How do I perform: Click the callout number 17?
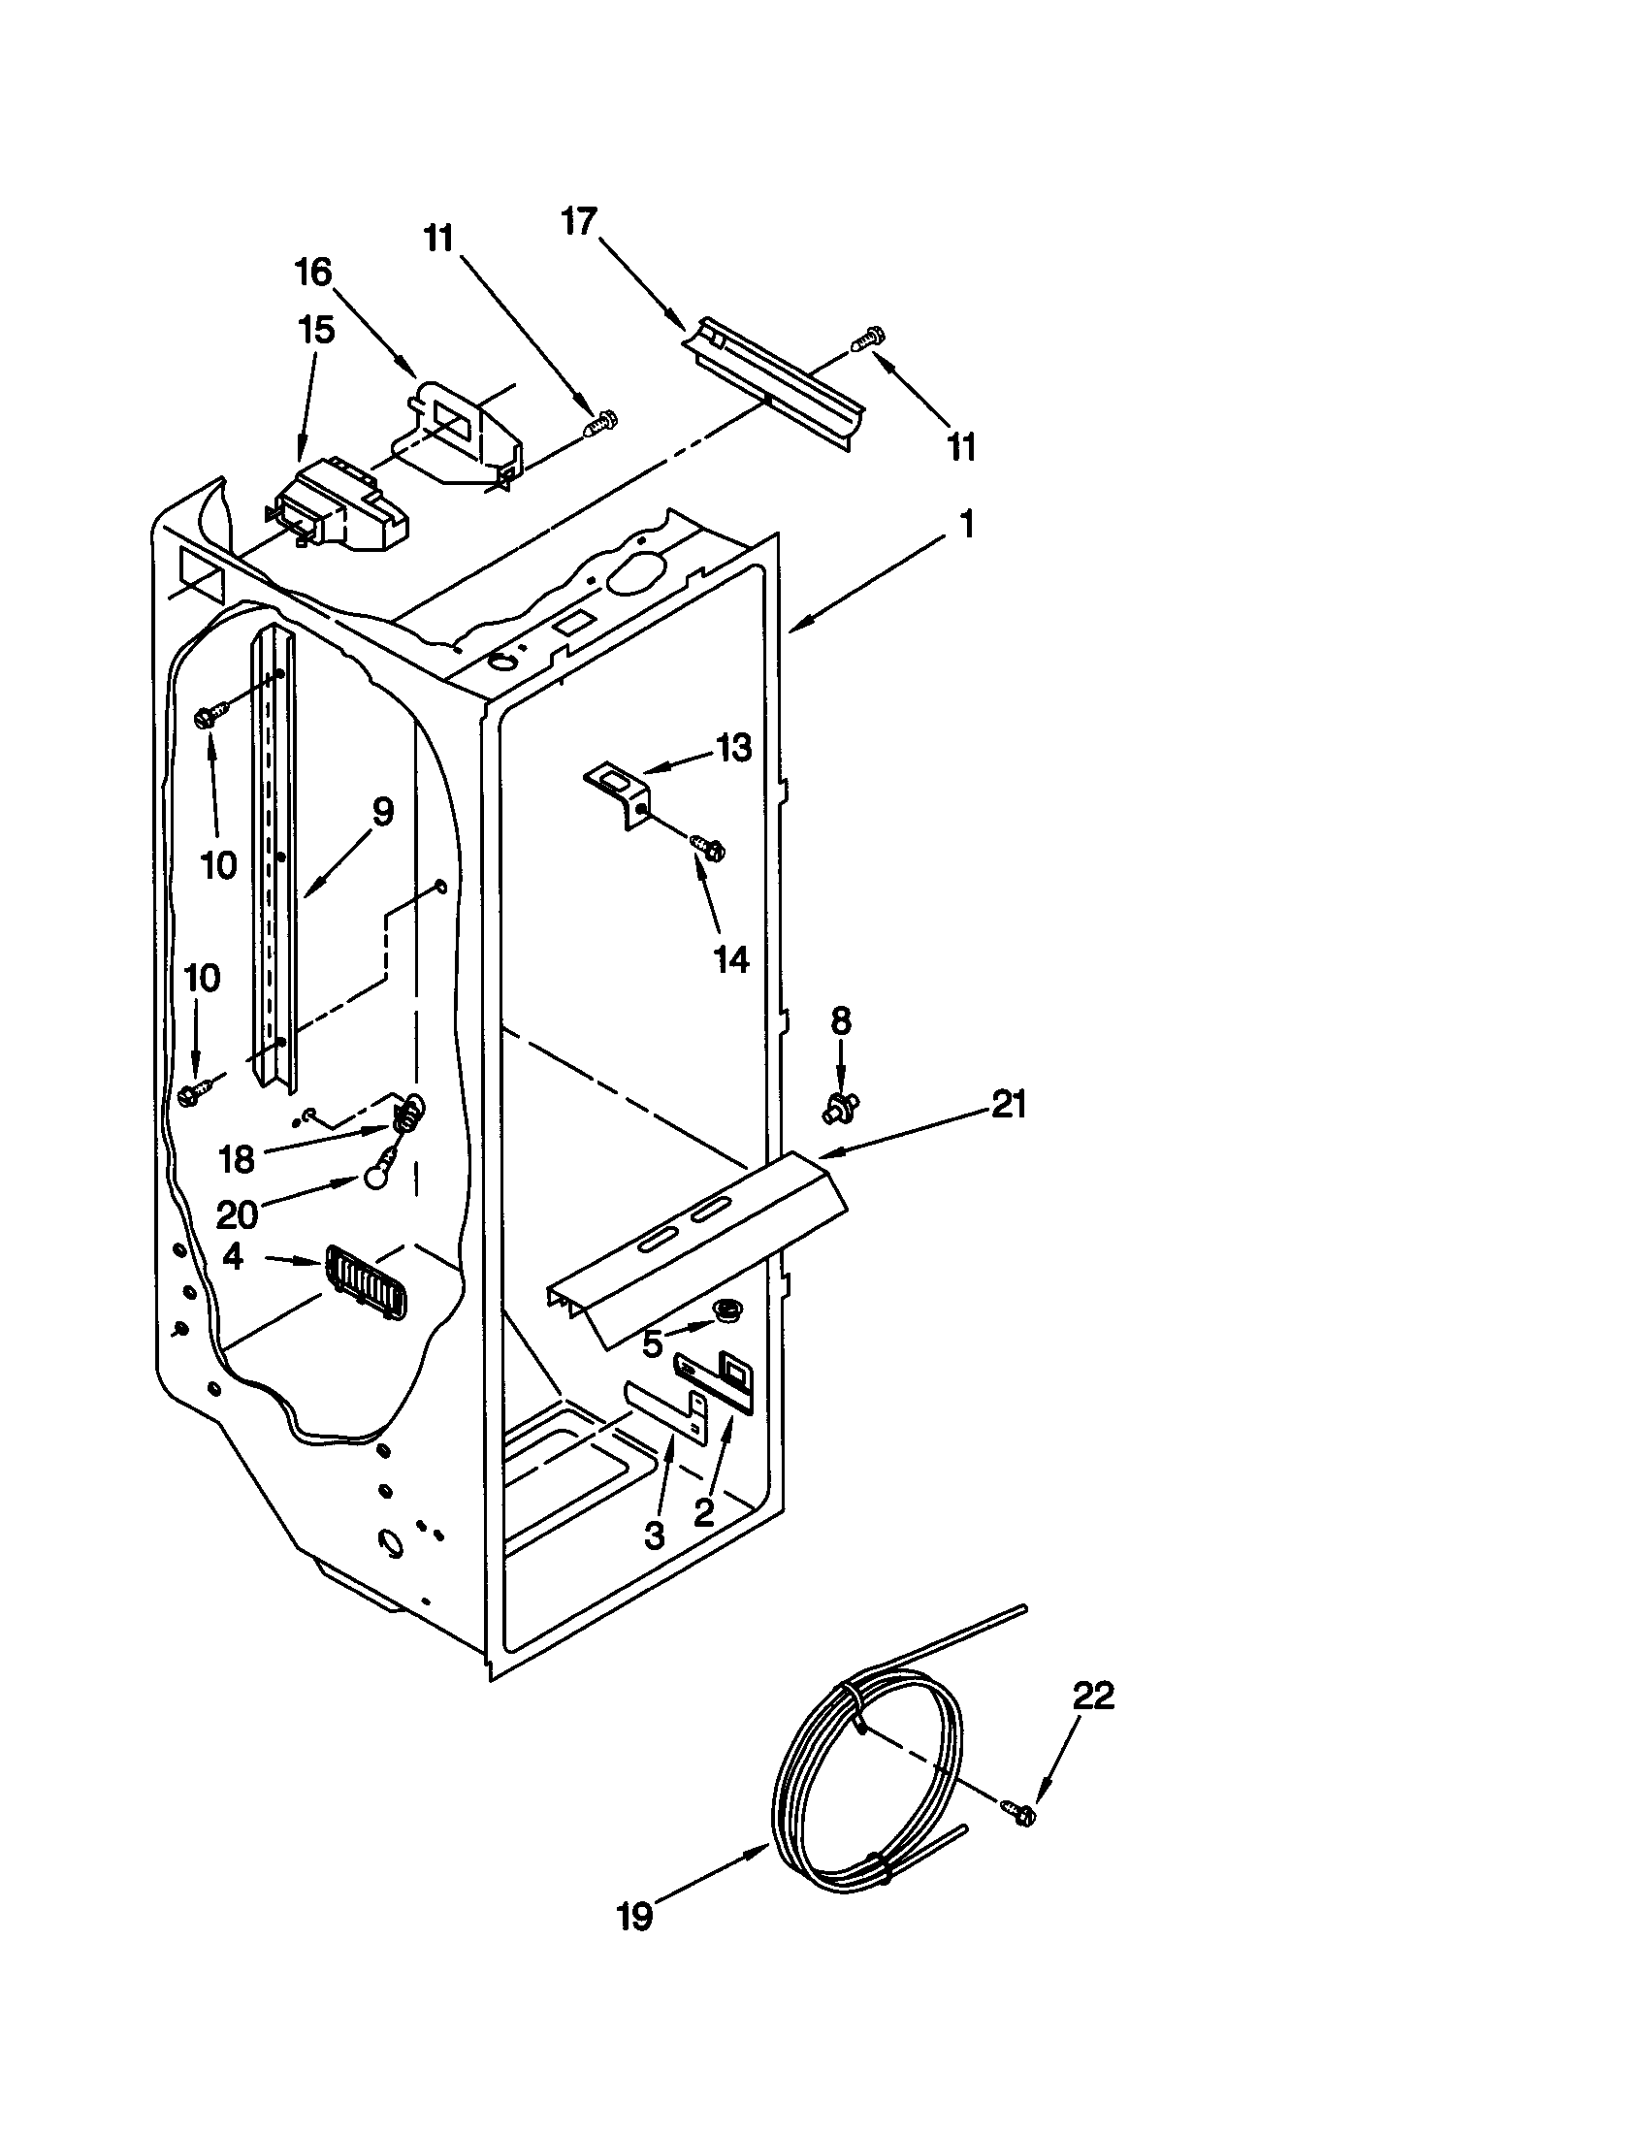(x=578, y=222)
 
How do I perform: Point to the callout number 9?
(x=383, y=812)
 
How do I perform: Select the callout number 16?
(x=313, y=273)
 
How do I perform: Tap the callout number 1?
(x=967, y=526)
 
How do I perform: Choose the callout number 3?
(x=655, y=1536)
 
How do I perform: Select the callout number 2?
(x=704, y=1512)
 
